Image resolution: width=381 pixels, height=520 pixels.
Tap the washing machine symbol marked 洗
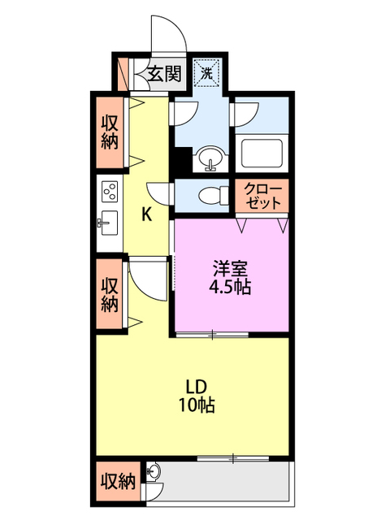[207, 73]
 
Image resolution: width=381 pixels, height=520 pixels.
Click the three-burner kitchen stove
[108, 192]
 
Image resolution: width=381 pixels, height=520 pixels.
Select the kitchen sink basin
[107, 222]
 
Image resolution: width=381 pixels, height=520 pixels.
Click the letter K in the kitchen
[146, 214]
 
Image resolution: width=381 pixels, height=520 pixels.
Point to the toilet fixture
[213, 195]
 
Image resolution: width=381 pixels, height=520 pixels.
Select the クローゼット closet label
[264, 195]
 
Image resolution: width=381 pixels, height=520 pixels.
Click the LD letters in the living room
[194, 385]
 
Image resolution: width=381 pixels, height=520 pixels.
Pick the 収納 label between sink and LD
[110, 295]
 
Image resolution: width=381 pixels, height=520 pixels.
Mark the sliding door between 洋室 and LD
[211, 333]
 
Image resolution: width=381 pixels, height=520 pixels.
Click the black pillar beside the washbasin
[183, 158]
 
